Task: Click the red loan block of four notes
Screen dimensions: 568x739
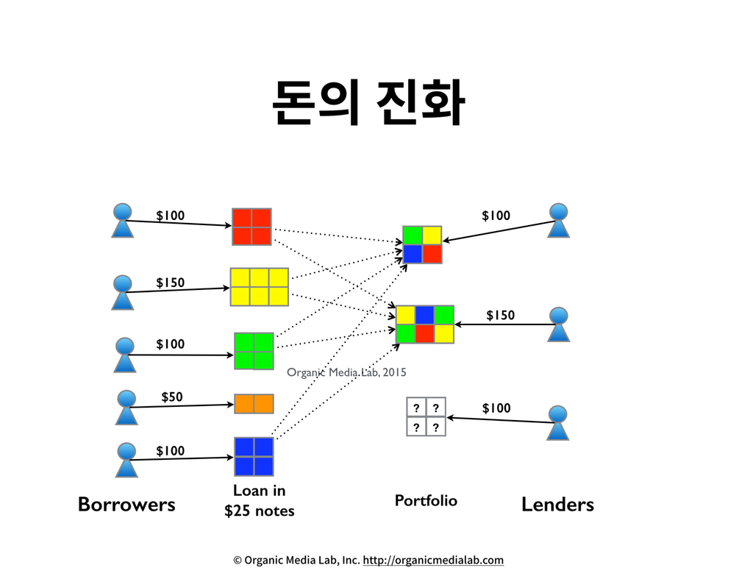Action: (x=251, y=227)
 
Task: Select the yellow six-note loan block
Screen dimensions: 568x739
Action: (x=259, y=286)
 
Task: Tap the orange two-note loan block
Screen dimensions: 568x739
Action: (x=254, y=403)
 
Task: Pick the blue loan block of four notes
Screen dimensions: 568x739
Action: (x=254, y=456)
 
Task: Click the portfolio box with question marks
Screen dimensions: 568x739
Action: (x=426, y=416)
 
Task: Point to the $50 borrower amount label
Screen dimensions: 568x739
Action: (x=172, y=397)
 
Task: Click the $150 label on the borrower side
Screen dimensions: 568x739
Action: (x=171, y=283)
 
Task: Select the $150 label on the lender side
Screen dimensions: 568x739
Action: (x=500, y=316)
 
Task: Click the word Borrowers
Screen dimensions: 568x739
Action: (x=126, y=505)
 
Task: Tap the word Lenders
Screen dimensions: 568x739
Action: (x=557, y=505)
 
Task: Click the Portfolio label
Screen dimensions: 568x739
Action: (x=426, y=501)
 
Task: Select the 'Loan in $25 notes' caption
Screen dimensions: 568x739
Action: (x=259, y=500)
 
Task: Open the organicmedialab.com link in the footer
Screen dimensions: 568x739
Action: (x=433, y=560)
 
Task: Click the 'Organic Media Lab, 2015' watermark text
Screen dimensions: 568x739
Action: (x=346, y=372)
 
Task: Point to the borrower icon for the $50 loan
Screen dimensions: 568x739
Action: (x=126, y=407)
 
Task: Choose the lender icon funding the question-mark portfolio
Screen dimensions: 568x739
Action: (x=559, y=422)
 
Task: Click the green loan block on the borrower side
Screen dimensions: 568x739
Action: (x=254, y=351)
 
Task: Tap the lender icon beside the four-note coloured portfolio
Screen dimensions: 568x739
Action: (x=560, y=220)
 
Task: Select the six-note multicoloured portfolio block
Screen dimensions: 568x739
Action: (x=425, y=324)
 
